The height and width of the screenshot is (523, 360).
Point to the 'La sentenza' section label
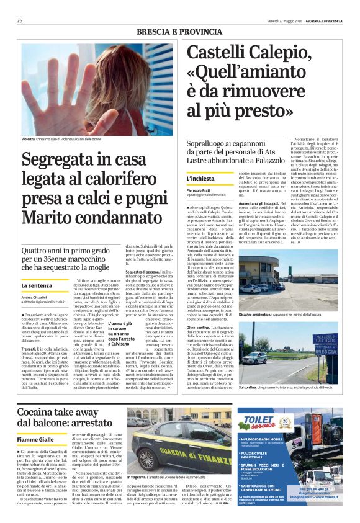click(37, 285)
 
